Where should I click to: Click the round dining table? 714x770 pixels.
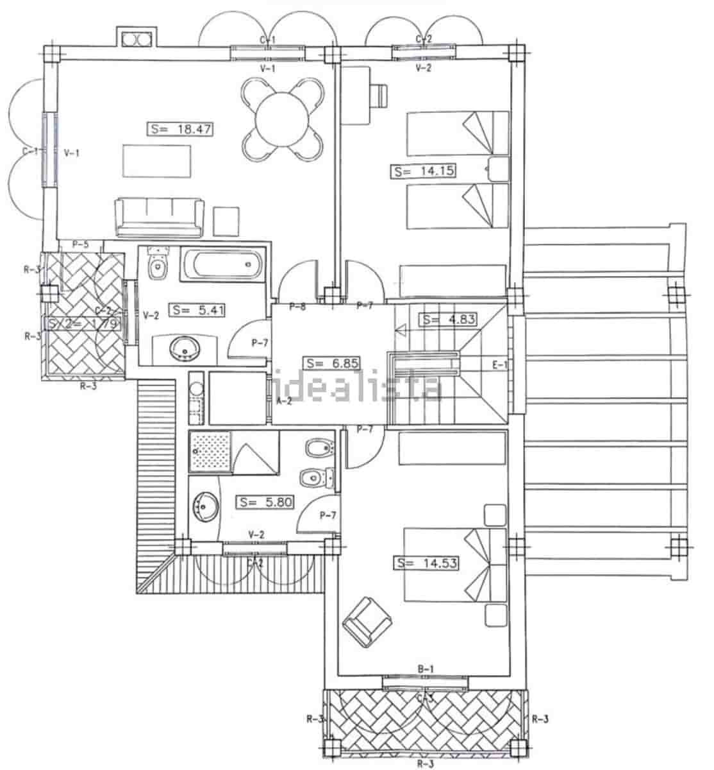[x=281, y=119]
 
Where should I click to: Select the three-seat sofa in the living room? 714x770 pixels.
[x=160, y=216]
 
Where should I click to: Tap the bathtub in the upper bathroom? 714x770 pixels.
[x=221, y=264]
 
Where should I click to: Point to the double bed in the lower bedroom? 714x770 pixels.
[x=455, y=565]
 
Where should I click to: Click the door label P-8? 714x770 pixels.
[x=297, y=307]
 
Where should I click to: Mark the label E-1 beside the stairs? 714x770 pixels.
[x=499, y=365]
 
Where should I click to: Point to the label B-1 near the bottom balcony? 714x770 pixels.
[x=426, y=669]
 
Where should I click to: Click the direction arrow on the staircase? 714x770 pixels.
[x=403, y=330]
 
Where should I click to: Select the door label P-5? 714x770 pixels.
[x=80, y=244]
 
